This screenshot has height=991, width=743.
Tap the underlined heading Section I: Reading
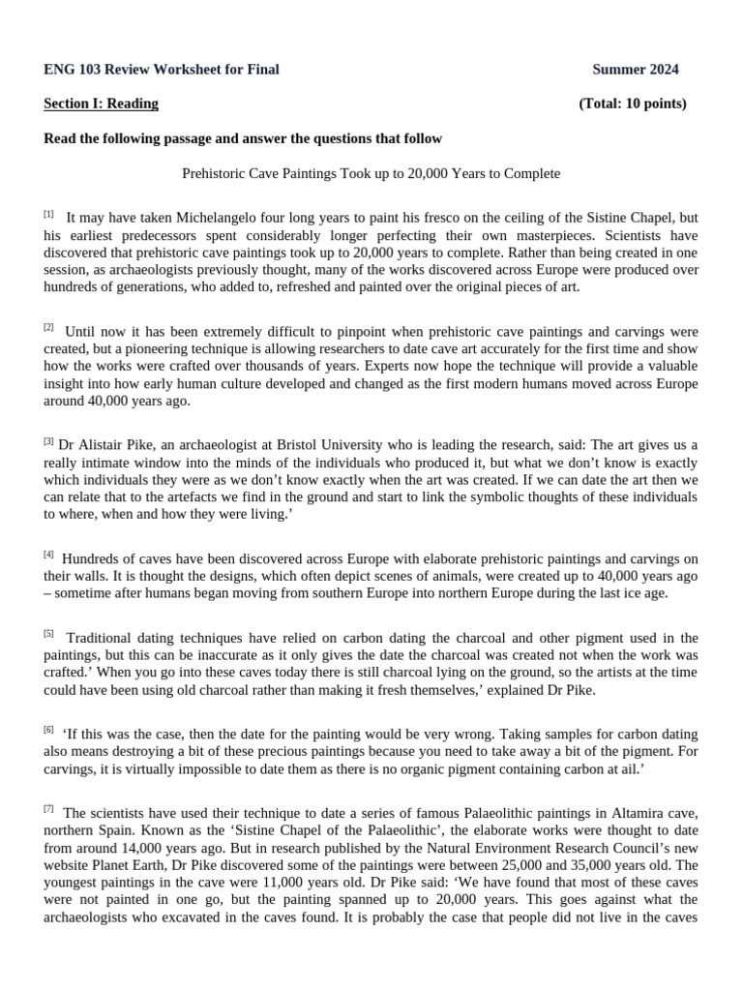(x=102, y=104)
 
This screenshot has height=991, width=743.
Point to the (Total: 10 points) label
(x=633, y=104)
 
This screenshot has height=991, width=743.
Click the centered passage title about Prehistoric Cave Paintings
(x=371, y=174)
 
